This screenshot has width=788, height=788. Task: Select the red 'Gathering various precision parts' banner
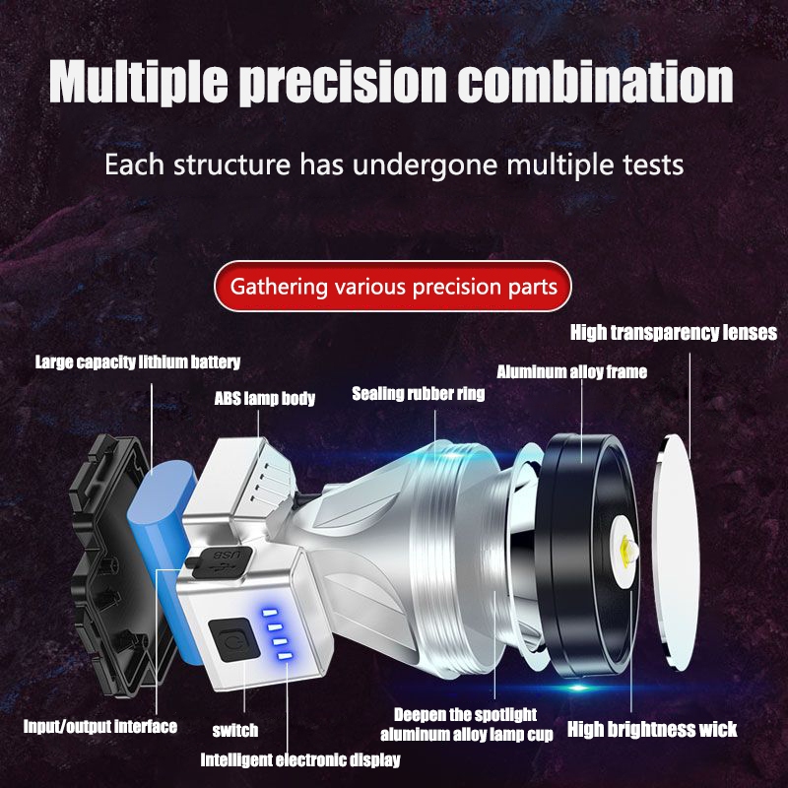[393, 288]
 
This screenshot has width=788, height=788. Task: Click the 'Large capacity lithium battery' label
[138, 362]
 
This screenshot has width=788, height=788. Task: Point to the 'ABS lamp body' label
[265, 399]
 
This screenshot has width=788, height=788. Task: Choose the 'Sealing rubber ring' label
[419, 394]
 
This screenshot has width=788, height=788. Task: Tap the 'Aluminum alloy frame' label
[571, 372]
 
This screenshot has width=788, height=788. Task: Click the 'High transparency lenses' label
[674, 333]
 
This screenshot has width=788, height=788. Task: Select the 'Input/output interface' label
[100, 727]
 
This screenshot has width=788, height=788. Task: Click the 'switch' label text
[235, 730]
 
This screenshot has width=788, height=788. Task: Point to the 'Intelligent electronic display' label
[300, 759]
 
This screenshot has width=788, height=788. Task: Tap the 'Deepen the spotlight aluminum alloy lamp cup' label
[466, 724]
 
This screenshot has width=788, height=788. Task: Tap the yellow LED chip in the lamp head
[628, 548]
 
